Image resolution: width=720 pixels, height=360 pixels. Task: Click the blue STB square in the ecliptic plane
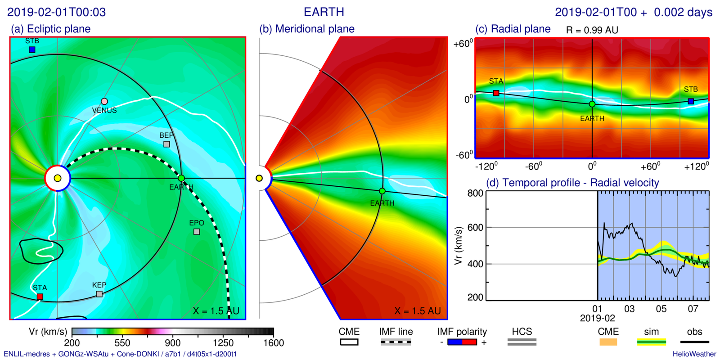tap(32, 49)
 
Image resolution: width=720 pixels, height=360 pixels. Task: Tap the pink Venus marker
tap(104, 102)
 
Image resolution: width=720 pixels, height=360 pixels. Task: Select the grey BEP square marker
tap(166, 144)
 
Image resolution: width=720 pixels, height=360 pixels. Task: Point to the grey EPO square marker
tap(197, 232)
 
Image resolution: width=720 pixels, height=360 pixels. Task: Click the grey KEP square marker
tap(99, 294)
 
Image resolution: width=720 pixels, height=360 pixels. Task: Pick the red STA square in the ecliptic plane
tap(40, 297)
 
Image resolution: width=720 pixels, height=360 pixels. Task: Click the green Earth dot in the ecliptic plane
tap(181, 179)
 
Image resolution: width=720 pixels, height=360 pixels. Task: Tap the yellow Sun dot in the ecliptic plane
tap(58, 179)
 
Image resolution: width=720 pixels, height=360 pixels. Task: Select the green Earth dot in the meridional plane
tap(382, 191)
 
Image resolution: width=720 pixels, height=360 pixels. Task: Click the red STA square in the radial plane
tap(496, 93)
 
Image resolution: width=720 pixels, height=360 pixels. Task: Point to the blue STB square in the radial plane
tap(691, 101)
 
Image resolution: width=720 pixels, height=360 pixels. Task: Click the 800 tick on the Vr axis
tap(475, 193)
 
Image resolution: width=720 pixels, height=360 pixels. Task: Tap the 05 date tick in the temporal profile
tap(661, 309)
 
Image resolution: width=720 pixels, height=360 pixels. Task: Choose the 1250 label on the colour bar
tap(223, 343)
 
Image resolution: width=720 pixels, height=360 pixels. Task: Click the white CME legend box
tap(349, 342)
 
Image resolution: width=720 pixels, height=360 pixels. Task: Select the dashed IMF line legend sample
tap(396, 342)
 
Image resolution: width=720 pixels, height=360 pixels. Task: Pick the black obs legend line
tap(694, 342)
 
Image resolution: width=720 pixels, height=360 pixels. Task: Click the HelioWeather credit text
tap(694, 354)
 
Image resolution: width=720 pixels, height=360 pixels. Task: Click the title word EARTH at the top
tap(324, 12)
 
